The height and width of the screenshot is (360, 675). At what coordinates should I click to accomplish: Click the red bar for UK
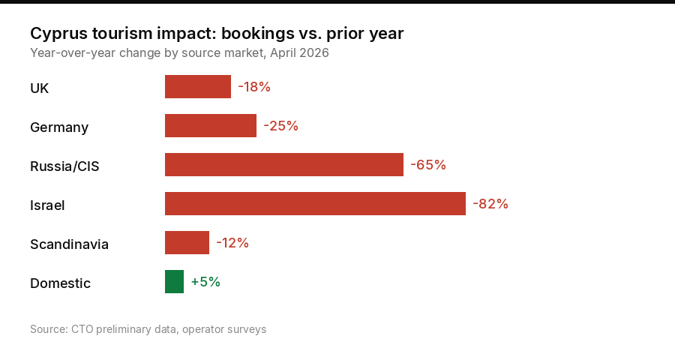pos(198,87)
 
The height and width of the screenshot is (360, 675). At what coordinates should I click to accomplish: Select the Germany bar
pos(211,126)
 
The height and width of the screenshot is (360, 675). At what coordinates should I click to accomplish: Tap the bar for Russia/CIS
pos(284,165)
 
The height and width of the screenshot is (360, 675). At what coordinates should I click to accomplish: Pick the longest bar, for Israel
pos(315,204)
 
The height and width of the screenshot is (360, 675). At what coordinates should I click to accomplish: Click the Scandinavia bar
pos(187,243)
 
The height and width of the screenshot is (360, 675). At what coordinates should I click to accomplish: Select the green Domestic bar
pos(174,282)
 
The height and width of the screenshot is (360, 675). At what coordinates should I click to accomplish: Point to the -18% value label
pos(254,87)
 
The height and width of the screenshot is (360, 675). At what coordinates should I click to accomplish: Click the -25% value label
pos(280,126)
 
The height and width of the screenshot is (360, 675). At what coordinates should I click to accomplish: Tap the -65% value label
pos(428,165)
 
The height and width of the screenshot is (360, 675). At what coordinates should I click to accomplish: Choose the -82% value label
pos(490,204)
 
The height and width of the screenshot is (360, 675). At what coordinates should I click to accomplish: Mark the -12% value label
pos(232,243)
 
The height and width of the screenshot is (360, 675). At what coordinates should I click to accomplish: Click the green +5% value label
pos(205,282)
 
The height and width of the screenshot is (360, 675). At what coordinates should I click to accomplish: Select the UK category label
pos(40,88)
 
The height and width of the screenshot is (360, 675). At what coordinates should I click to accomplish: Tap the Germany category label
pos(59,127)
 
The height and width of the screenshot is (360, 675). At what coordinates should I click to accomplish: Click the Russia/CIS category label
pos(64,166)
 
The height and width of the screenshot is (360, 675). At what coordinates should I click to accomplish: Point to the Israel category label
pos(47,205)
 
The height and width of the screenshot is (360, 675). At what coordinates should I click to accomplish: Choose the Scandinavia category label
pos(69,244)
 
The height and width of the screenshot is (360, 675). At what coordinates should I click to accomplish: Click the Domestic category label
pos(60,283)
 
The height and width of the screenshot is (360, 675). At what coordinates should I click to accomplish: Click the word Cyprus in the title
pos(55,34)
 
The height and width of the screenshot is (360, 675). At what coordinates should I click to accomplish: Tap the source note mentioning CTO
pos(148,329)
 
